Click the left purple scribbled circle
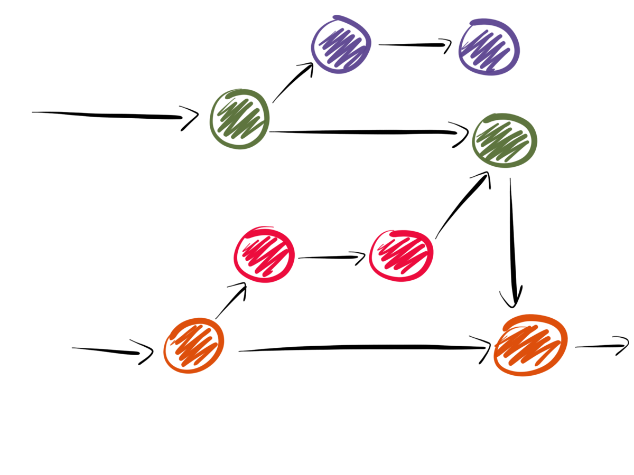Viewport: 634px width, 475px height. click(341, 45)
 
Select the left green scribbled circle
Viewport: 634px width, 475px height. click(239, 119)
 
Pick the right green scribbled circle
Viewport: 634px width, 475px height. click(504, 140)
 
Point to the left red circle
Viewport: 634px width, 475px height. click(264, 254)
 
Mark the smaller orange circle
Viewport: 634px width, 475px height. click(193, 346)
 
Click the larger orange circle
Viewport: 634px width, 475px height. click(530, 345)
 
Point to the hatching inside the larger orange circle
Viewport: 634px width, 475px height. click(528, 346)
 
